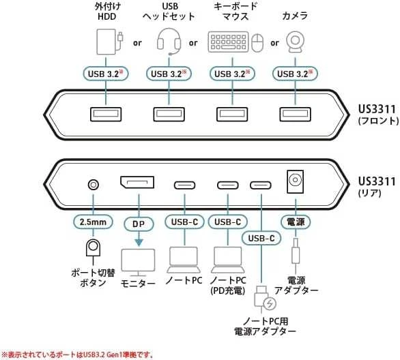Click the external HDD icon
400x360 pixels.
(109, 42)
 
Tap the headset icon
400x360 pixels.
(169, 42)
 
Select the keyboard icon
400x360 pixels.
(228, 42)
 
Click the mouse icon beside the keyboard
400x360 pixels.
(257, 43)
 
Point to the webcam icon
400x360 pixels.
(295, 42)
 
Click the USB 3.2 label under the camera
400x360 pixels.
(295, 74)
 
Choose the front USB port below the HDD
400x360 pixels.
(106, 114)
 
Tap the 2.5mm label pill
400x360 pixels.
(93, 222)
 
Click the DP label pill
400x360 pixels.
(139, 224)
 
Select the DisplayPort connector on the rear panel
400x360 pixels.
(137, 182)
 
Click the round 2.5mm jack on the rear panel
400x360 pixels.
(94, 185)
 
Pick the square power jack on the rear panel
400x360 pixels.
(295, 181)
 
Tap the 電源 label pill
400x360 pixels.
(296, 222)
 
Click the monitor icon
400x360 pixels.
(138, 262)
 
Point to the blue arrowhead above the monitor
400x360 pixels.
(139, 242)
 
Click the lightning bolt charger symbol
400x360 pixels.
(270, 303)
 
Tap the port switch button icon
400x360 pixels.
(94, 247)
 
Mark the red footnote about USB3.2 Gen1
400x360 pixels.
(78, 355)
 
